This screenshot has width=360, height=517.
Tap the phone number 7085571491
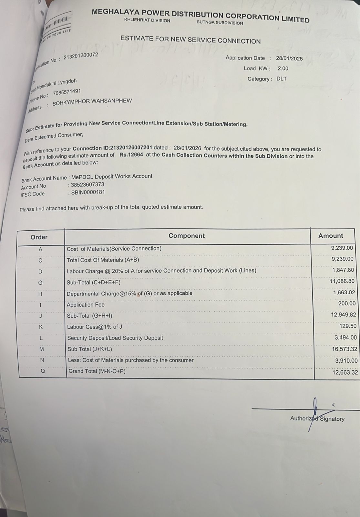tap(67, 92)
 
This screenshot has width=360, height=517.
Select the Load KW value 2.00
tap(283, 69)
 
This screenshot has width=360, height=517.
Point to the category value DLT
tap(282, 79)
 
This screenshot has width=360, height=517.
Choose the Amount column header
tap(331, 236)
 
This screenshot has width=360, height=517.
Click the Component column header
tap(187, 236)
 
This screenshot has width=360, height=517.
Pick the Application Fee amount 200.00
tap(347, 303)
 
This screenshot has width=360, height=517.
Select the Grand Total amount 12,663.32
tap(345, 373)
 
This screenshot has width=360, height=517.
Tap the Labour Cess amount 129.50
tap(348, 326)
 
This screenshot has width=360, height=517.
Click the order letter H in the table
tap(40, 294)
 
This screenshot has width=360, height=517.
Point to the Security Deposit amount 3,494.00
tap(346, 338)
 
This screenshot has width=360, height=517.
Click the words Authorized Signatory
tap(317, 419)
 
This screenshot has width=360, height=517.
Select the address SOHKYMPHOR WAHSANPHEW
tap(92, 101)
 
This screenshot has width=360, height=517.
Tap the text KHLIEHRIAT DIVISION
tap(147, 20)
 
